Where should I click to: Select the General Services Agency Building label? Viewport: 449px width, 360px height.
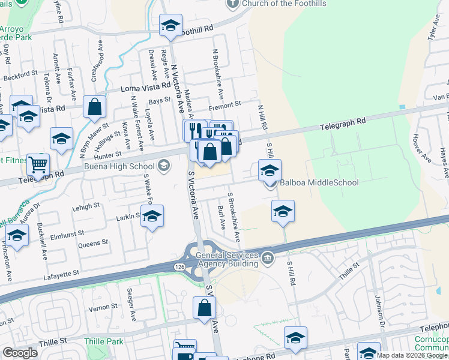pyautogui.click(x=226, y=258)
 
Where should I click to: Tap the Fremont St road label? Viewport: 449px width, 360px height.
pyautogui.click(x=224, y=104)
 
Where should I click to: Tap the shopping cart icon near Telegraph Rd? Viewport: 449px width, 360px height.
pyautogui.click(x=38, y=164)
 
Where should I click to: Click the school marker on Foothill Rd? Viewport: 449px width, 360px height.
pyautogui.click(x=171, y=26)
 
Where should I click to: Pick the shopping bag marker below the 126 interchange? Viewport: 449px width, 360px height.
pyautogui.click(x=204, y=308)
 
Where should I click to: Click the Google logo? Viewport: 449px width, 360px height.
pyautogui.click(x=20, y=353)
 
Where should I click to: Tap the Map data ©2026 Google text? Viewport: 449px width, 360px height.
pyautogui.click(x=411, y=355)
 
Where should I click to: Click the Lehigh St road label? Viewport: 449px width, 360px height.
pyautogui.click(x=86, y=206)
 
